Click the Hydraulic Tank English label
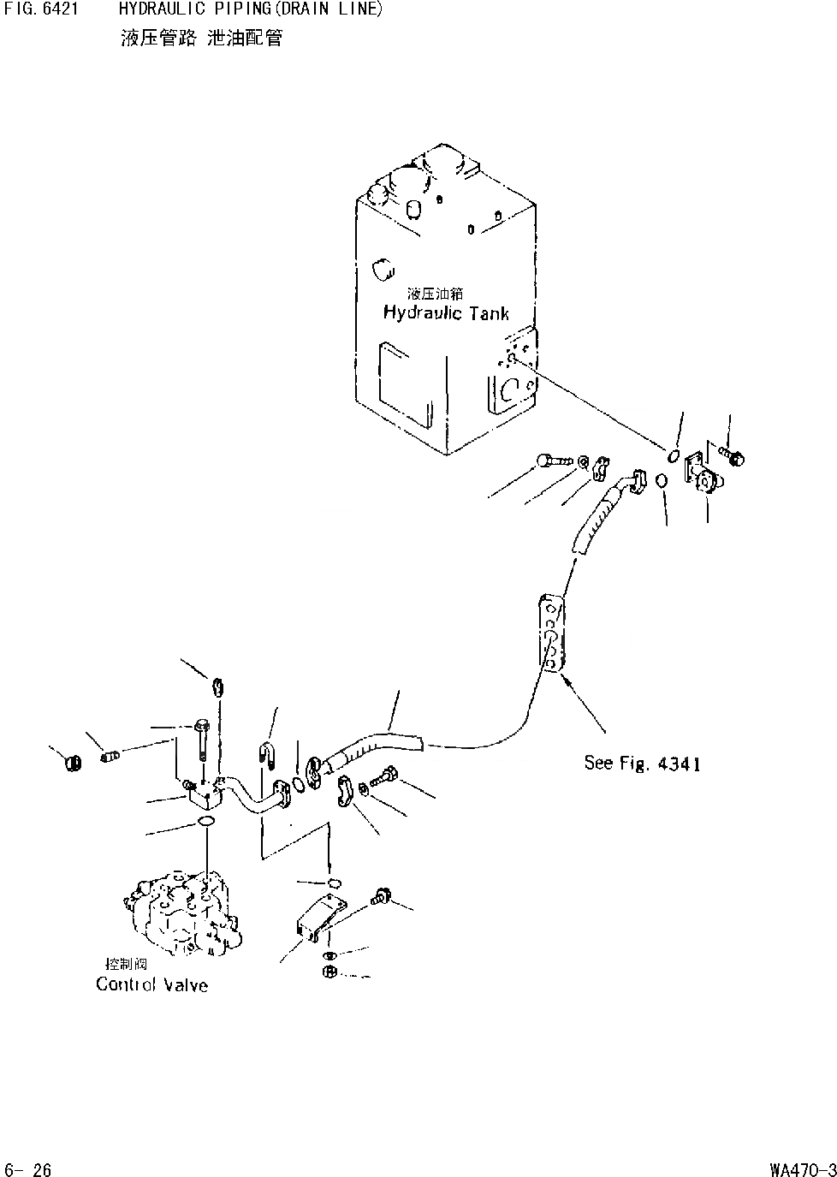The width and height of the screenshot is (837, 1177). point(446,313)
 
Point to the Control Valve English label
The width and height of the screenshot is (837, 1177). point(151,984)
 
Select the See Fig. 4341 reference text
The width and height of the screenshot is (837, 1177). point(642,763)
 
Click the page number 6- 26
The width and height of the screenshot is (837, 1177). point(28,1168)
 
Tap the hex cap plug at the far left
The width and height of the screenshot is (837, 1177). point(73,760)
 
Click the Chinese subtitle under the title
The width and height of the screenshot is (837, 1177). point(201,37)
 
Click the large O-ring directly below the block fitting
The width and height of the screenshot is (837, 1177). point(206,823)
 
